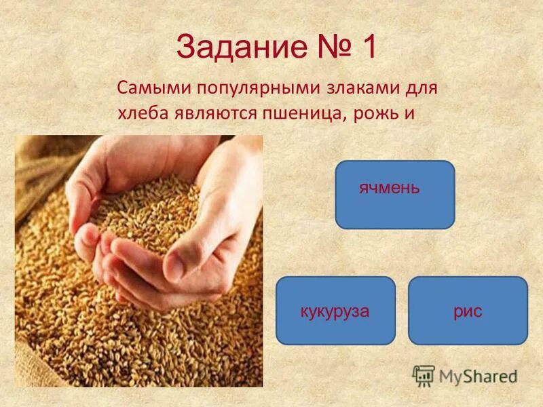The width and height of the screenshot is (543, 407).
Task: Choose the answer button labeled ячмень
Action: tap(394, 194)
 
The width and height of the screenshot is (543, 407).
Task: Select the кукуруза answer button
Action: tap(335, 311)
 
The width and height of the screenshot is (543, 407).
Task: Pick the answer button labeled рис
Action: tap(467, 311)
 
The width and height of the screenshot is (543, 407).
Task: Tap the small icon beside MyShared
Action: tap(424, 375)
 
